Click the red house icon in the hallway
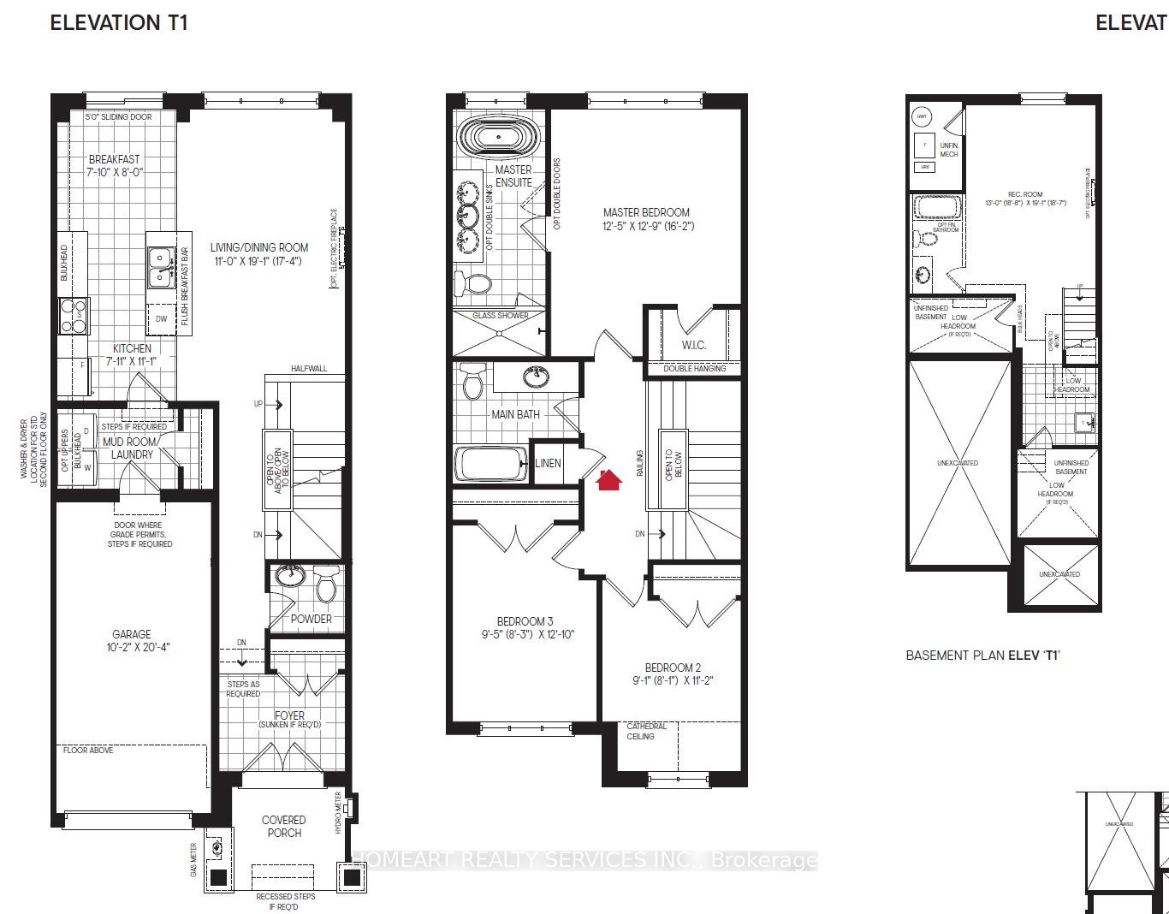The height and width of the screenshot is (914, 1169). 608,480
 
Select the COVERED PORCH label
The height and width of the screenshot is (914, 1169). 283,826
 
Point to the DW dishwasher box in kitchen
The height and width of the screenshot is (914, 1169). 162,318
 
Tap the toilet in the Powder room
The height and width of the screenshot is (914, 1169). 326,586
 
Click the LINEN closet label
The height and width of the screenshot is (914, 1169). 548,463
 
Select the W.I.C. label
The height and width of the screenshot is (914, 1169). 694,345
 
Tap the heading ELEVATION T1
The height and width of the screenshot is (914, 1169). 119,22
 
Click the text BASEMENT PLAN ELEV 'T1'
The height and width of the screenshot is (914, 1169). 982,656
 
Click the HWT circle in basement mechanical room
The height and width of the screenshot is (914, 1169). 922,116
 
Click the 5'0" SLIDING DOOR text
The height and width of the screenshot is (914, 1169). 118,116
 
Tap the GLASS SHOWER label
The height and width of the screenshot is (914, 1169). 501,315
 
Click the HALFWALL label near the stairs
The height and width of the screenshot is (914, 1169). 308,369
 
